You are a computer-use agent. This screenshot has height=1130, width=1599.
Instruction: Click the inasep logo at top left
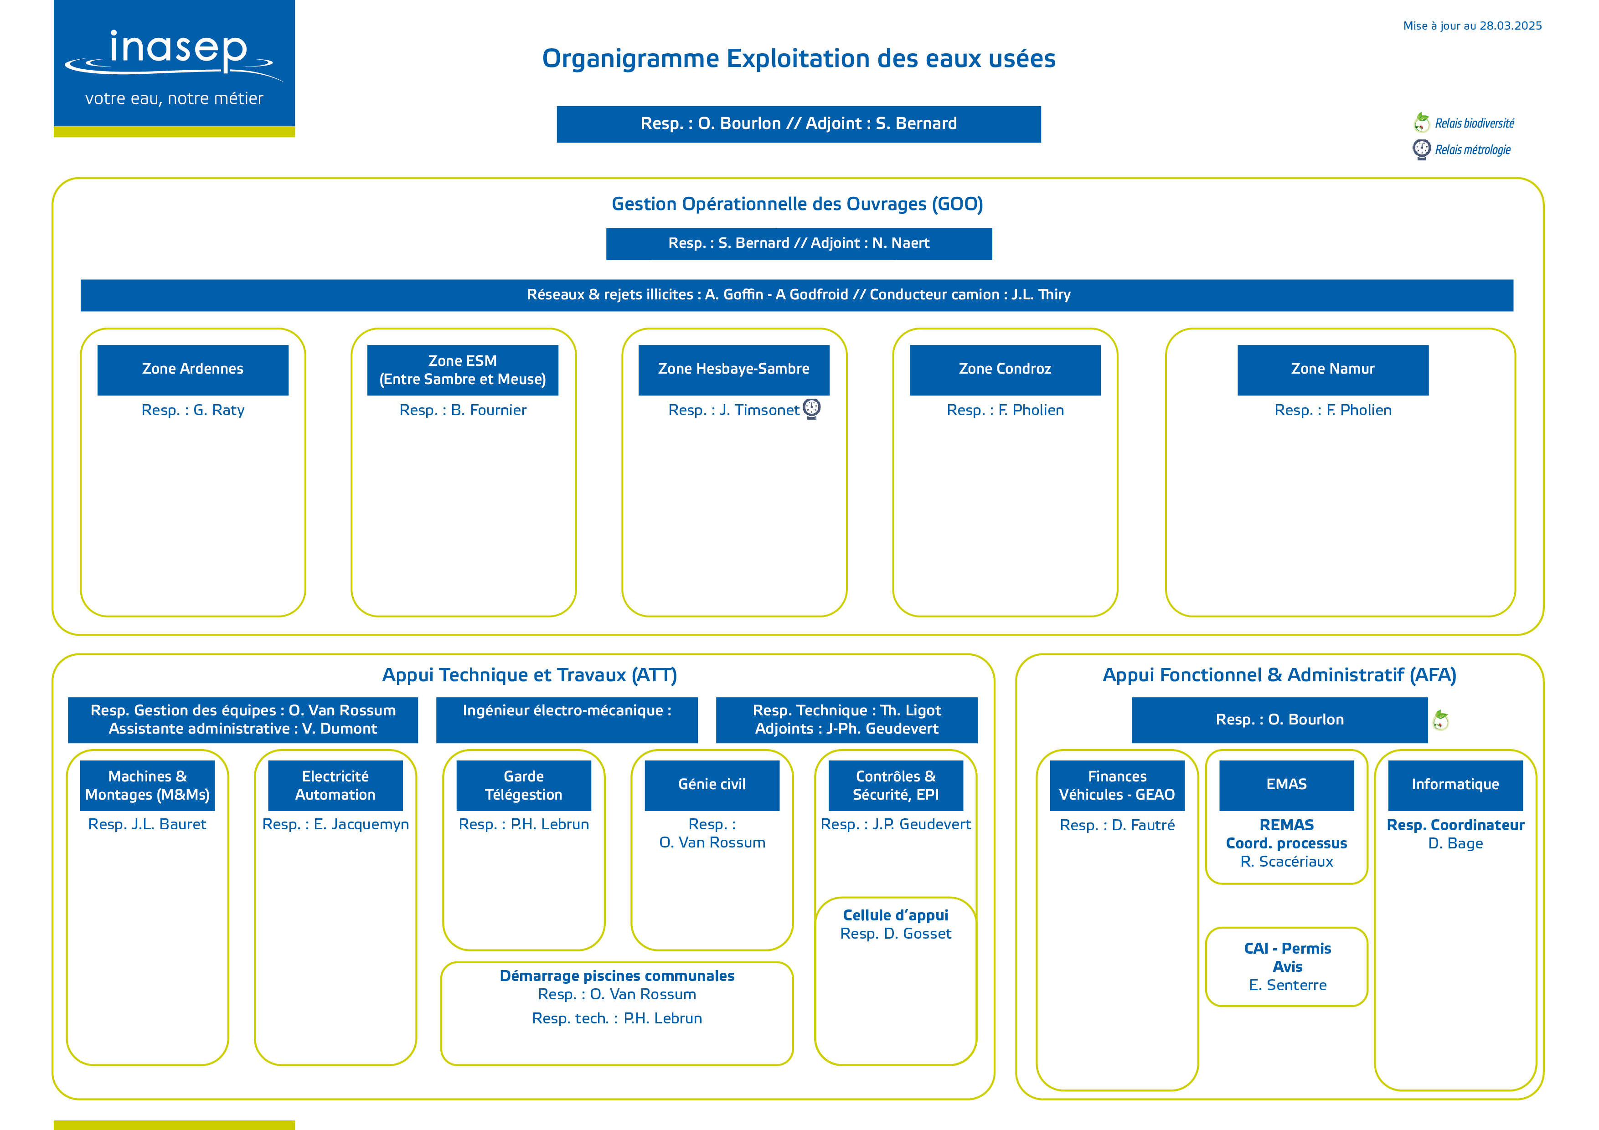(x=174, y=68)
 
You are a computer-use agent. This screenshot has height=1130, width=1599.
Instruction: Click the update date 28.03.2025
(x=1511, y=26)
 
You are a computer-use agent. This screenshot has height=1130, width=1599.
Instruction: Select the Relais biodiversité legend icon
(x=1421, y=123)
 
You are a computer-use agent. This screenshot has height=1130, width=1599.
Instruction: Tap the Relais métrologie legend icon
(x=1421, y=149)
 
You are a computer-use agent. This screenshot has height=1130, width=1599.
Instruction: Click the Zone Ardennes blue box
(x=193, y=370)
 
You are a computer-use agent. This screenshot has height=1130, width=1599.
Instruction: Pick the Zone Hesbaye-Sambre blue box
(x=734, y=370)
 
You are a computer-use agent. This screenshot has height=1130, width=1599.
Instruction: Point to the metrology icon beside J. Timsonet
(x=812, y=409)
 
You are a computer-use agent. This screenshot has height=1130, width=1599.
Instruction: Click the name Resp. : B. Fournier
(x=463, y=410)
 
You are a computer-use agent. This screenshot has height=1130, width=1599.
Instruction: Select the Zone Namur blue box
(x=1333, y=370)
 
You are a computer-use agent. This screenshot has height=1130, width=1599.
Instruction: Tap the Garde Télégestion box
(x=524, y=786)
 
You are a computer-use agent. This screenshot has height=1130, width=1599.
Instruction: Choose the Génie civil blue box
(x=712, y=786)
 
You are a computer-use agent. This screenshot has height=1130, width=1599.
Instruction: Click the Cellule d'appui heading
(x=896, y=915)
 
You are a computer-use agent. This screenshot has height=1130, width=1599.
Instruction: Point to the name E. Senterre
(x=1288, y=985)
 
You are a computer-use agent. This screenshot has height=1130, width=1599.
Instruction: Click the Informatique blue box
(x=1455, y=786)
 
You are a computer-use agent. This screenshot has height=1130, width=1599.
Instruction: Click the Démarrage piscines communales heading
(x=617, y=976)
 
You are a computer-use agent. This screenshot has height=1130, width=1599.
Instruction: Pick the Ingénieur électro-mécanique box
(x=567, y=720)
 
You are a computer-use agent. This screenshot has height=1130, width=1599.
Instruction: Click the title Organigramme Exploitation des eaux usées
(x=799, y=58)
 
